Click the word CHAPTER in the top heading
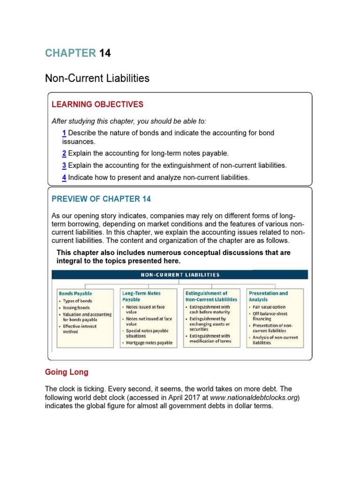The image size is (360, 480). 70,53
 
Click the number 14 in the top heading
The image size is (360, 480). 105,53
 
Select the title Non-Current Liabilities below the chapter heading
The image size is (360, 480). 97,78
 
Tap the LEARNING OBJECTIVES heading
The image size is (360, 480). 97,105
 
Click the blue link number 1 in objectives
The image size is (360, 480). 64,133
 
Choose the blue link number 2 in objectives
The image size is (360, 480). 64,153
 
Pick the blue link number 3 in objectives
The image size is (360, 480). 64,165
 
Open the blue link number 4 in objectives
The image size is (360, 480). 64,177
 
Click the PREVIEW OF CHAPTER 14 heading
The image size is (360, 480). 101,199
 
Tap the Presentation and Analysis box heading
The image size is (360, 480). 268,296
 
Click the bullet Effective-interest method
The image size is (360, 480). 77,329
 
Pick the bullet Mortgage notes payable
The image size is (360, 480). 149,343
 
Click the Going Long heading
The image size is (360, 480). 67,372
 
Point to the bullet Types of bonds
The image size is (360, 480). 77,301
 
